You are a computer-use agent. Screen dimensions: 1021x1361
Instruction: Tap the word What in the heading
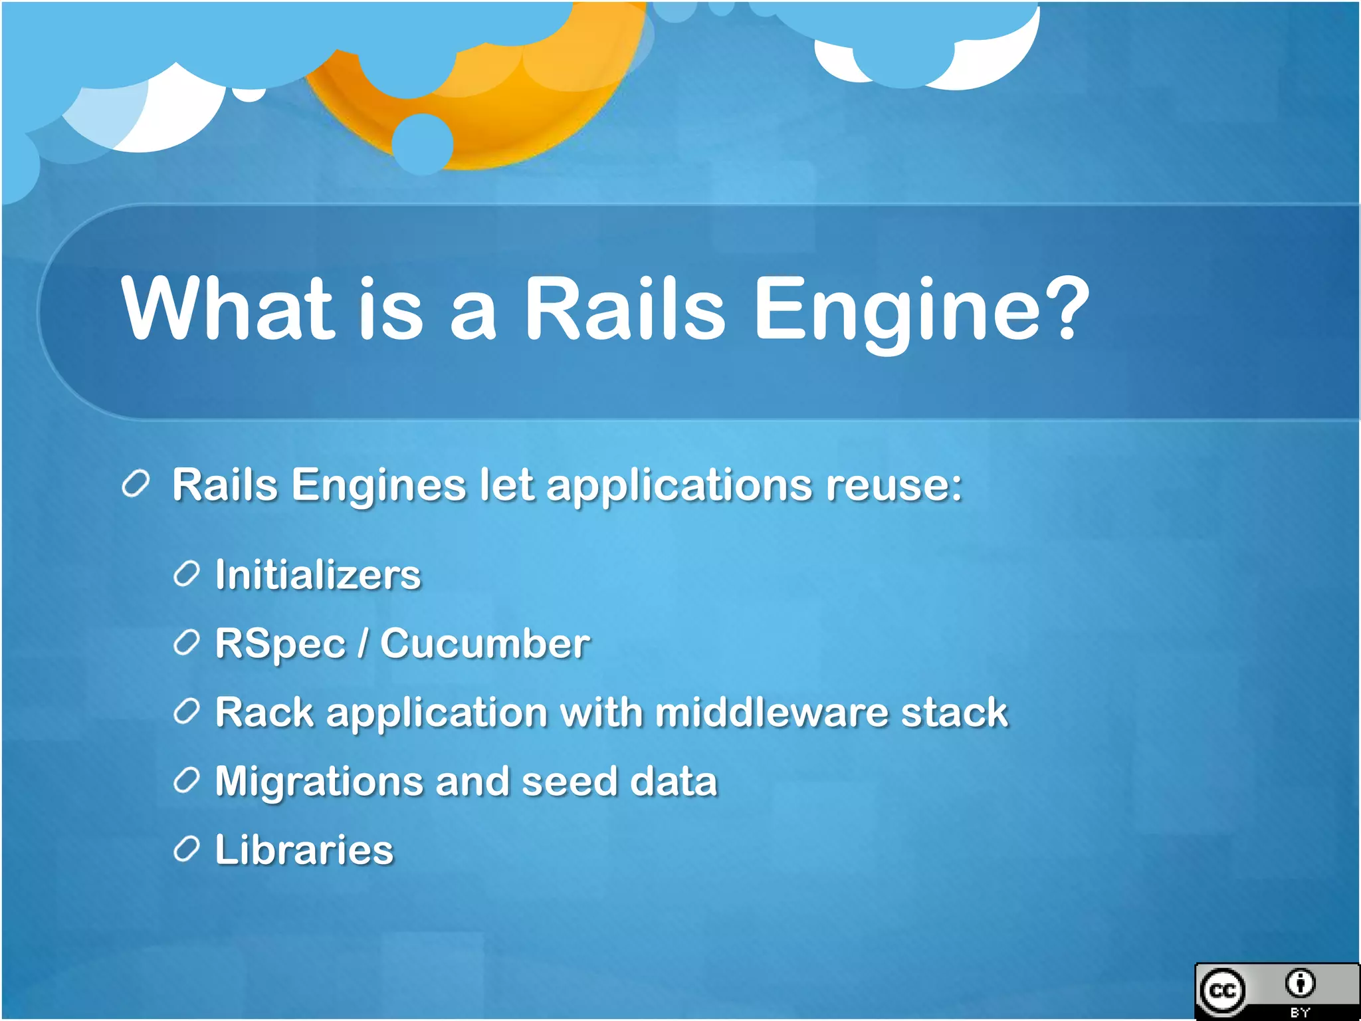(x=227, y=310)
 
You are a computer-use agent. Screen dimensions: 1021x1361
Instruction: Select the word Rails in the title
(x=624, y=310)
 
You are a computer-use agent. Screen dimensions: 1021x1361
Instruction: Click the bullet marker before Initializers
(x=186, y=574)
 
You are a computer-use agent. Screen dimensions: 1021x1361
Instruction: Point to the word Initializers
(x=318, y=575)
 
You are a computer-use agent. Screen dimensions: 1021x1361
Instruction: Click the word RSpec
(x=280, y=644)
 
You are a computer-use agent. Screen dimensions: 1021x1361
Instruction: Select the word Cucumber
(x=484, y=644)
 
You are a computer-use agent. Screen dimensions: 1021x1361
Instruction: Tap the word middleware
(x=771, y=713)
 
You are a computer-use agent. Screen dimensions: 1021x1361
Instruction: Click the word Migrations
(x=319, y=782)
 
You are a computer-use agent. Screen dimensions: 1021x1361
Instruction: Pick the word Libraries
(x=304, y=850)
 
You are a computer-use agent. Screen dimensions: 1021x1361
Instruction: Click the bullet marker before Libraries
(x=186, y=849)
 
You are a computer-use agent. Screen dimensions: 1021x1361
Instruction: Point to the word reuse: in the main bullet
(x=894, y=485)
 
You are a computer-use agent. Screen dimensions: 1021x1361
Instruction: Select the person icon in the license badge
(x=1300, y=983)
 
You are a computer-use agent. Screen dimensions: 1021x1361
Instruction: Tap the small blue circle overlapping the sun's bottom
(x=422, y=144)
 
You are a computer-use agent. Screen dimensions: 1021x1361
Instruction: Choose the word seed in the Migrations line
(x=570, y=782)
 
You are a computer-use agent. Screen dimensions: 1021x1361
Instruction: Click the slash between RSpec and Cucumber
(x=363, y=644)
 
